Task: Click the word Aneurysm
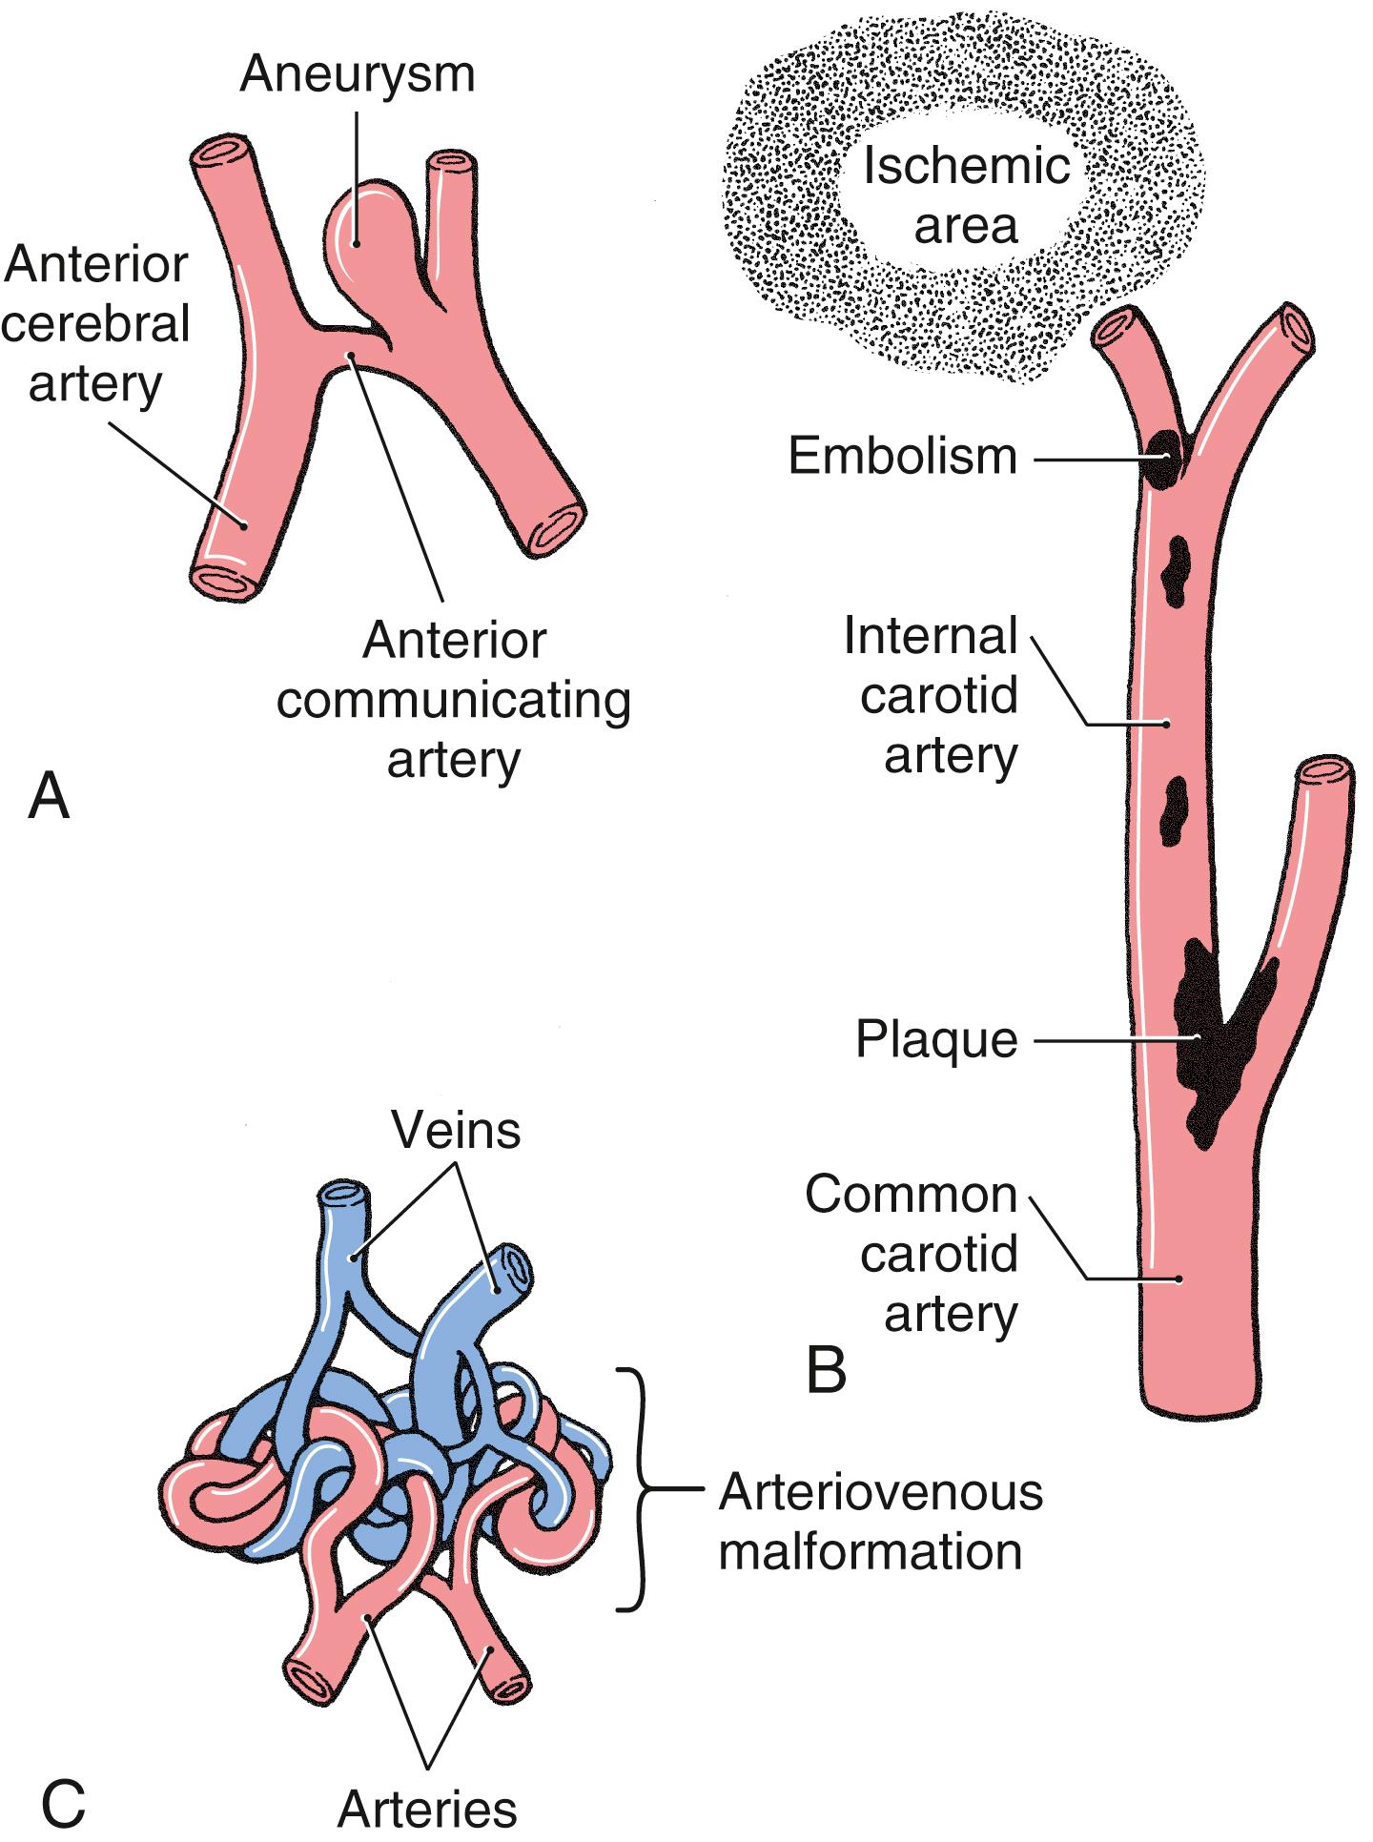pyautogui.click(x=357, y=73)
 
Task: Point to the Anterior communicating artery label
pyautogui.click(x=454, y=701)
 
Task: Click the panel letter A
pyautogui.click(x=49, y=796)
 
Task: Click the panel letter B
pyautogui.click(x=826, y=1371)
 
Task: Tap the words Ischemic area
pyautogui.click(x=966, y=196)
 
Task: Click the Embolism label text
pyautogui.click(x=902, y=457)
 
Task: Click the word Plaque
pyautogui.click(x=936, y=1039)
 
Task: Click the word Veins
pyautogui.click(x=456, y=1131)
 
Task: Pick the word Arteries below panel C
pyautogui.click(x=427, y=1807)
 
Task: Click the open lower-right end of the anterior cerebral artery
pyautogui.click(x=556, y=527)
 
